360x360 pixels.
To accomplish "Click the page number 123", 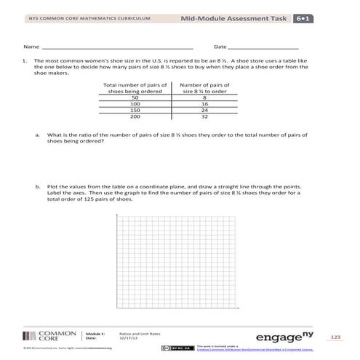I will click(x=335, y=337).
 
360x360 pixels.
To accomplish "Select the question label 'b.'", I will click(x=37, y=186).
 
